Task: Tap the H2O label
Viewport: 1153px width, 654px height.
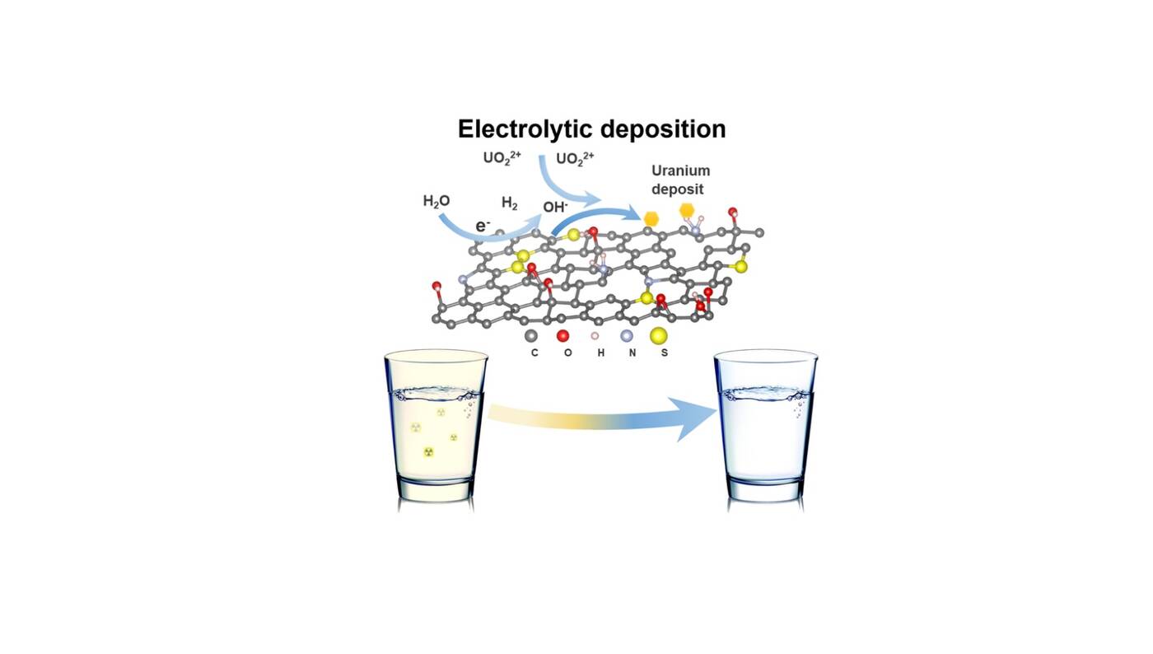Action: coord(436,201)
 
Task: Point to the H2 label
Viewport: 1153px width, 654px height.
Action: coord(510,203)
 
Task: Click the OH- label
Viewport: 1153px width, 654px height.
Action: coord(554,207)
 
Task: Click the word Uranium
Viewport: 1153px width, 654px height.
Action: coord(680,171)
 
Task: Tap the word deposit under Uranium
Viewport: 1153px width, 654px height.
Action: coord(678,189)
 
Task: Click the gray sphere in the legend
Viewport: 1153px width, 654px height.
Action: coord(532,335)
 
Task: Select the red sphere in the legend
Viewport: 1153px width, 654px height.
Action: coord(563,335)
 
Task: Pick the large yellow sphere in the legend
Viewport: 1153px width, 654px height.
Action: coord(659,335)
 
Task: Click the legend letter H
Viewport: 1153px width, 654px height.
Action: coord(600,353)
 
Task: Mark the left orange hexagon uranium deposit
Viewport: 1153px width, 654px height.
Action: coord(651,218)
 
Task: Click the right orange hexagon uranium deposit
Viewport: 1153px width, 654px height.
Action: coord(687,212)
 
